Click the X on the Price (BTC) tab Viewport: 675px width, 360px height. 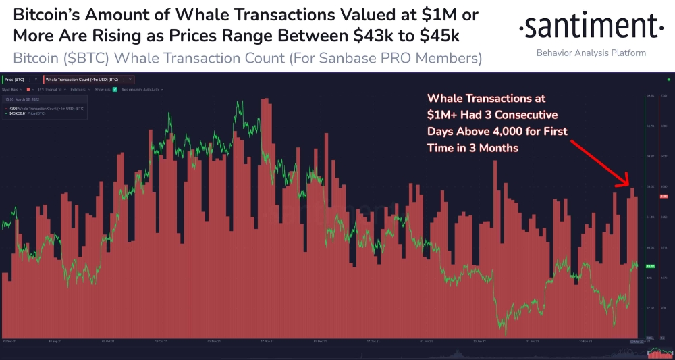[x=36, y=80]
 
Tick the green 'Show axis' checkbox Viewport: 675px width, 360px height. [x=115, y=89]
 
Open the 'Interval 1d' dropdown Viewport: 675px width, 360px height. [x=51, y=89]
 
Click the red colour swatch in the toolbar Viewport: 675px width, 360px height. [x=26, y=89]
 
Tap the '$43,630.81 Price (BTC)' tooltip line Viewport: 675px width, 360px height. [x=27, y=113]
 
